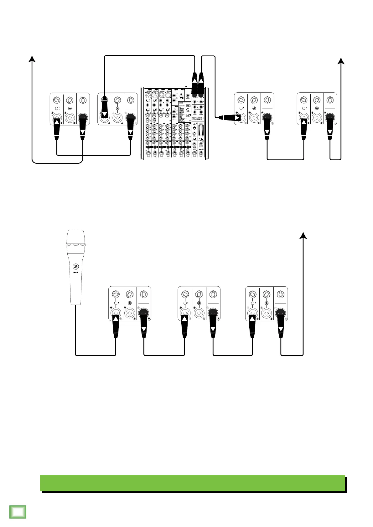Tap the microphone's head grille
[x=75, y=238]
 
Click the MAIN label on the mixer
[x=201, y=150]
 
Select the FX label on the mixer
[x=194, y=150]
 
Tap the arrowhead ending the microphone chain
[x=303, y=236]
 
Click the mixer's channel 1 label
[x=148, y=150]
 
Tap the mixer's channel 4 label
[x=168, y=150]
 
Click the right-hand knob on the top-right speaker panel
[x=330, y=100]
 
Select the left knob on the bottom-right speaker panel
[x=252, y=294]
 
